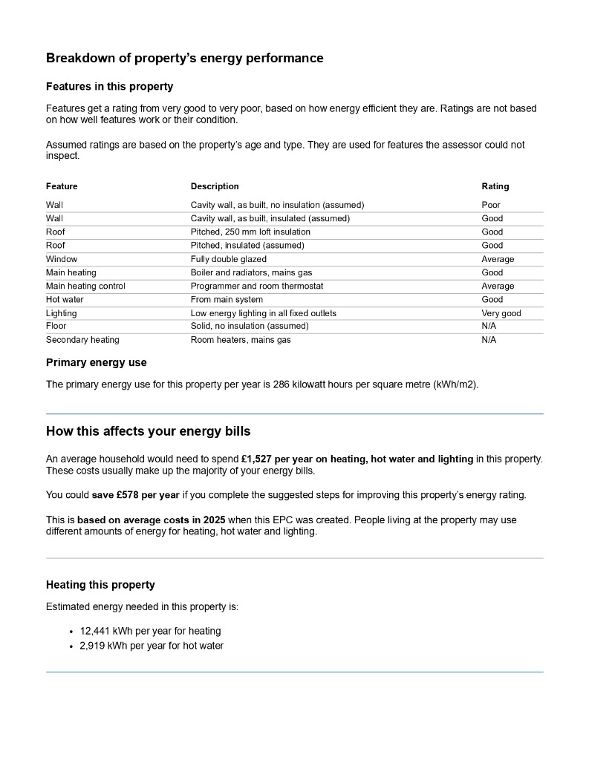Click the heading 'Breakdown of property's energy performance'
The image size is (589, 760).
coord(184,58)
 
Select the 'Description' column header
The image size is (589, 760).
coord(215,186)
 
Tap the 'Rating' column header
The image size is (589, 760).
coord(495,186)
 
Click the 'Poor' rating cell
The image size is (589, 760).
coord(491,205)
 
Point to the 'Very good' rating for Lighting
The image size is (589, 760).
coord(501,313)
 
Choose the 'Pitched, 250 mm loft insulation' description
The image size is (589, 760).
coord(250,232)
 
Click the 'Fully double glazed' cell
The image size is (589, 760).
coord(228,259)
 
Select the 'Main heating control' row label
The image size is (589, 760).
coord(85,286)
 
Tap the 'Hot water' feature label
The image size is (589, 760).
coord(65,300)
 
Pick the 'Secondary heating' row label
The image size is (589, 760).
coord(82,340)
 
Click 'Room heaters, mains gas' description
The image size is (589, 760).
coord(241,340)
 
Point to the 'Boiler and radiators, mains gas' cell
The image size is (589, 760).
coord(251,272)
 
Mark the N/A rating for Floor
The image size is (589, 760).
coord(489,326)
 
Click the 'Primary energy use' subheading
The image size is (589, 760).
coord(97,363)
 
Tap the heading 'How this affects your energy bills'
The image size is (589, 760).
coord(149,431)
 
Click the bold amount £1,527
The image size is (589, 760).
coord(258,459)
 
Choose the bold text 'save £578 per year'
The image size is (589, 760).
coord(136,495)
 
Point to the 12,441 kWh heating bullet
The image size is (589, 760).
coord(150,631)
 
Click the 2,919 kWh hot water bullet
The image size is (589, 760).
coord(152,646)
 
